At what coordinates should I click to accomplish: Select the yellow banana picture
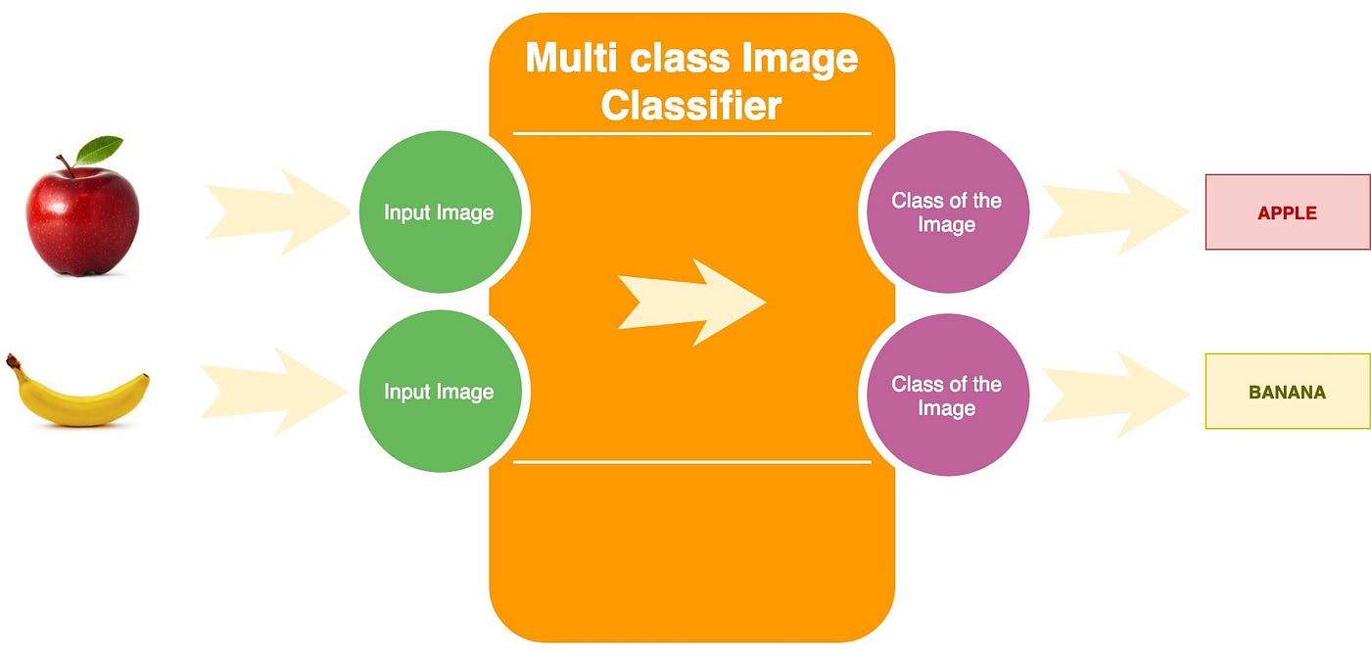point(78,394)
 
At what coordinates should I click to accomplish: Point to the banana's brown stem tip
point(12,361)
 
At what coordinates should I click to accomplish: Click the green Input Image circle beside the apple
point(439,212)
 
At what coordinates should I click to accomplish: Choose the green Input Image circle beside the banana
point(439,392)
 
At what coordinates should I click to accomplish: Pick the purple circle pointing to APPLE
point(946,212)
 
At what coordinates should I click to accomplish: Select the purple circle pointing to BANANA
point(946,396)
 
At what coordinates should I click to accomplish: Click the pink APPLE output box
point(1287,212)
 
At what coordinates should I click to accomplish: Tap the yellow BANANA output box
point(1287,392)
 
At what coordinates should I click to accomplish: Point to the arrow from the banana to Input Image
point(274,392)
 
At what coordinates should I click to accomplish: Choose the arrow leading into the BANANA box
point(1115,396)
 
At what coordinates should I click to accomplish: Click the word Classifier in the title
point(691,106)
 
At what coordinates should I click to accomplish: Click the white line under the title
point(691,132)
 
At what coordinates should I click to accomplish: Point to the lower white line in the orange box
point(691,460)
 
